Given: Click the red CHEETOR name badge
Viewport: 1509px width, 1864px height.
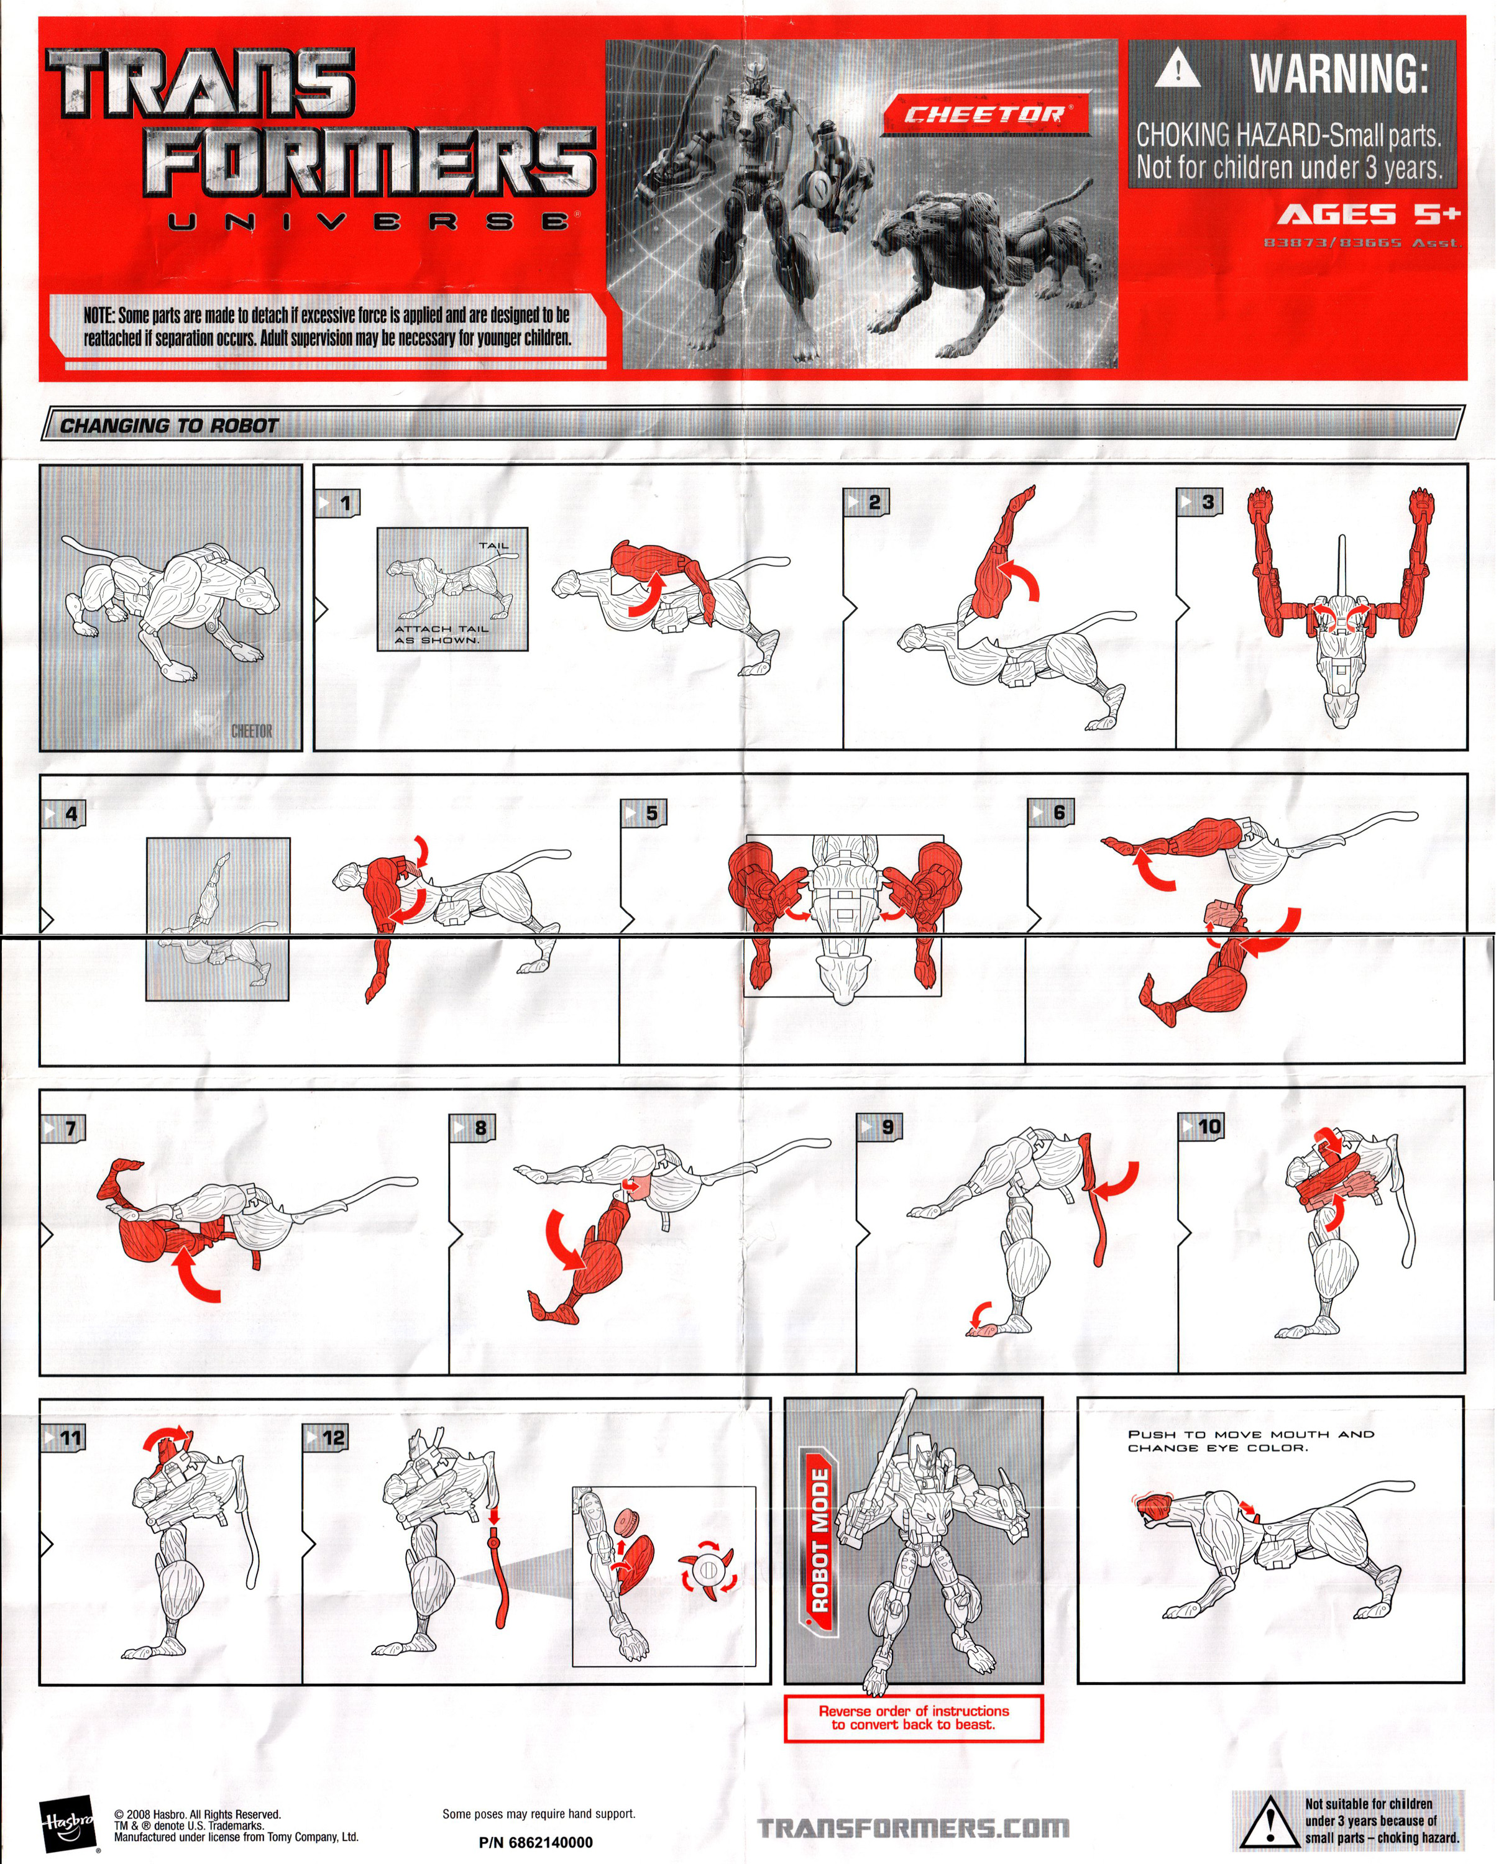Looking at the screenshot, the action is click(x=986, y=115).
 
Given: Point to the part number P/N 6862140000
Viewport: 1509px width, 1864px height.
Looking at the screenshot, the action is click(x=536, y=1842).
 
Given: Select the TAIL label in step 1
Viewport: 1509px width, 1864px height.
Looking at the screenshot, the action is click(x=493, y=546).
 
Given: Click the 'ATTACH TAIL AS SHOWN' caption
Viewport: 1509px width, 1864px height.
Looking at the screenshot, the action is click(x=441, y=634).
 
